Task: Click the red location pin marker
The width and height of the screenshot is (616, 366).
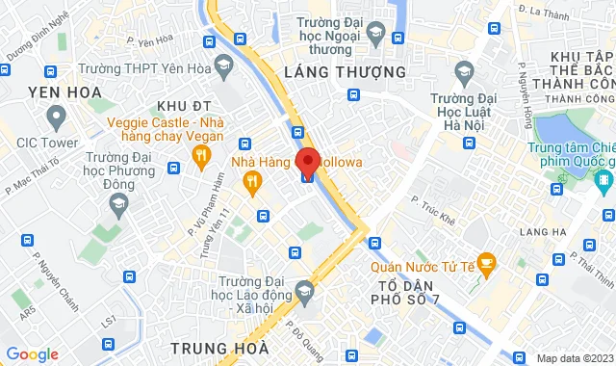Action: [x=308, y=163]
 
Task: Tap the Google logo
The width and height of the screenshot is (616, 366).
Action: [x=33, y=354]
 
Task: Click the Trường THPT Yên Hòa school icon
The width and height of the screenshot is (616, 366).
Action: [x=224, y=65]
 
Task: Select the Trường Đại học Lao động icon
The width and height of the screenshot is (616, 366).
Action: [x=304, y=289]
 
